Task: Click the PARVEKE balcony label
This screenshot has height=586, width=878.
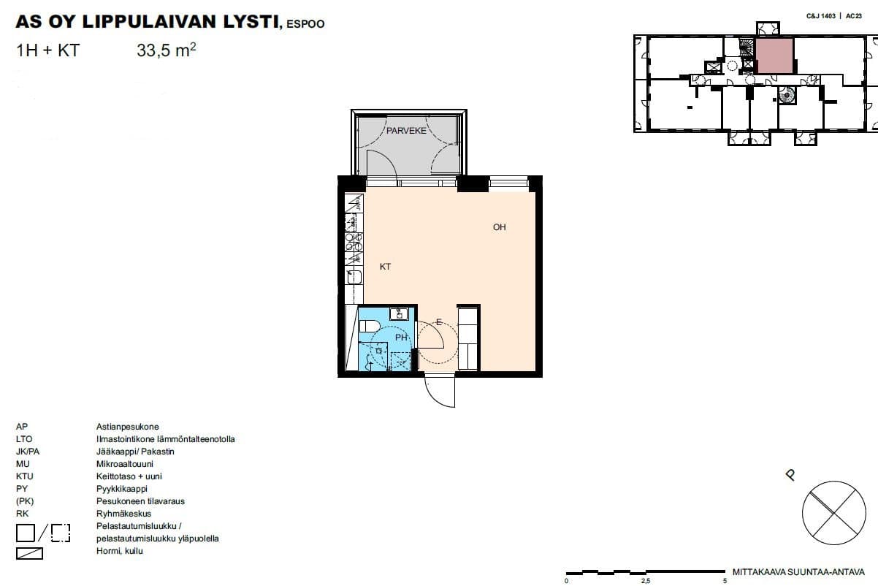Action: pos(406,131)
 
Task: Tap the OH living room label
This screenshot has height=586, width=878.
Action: pos(500,227)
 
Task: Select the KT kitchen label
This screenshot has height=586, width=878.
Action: pos(385,267)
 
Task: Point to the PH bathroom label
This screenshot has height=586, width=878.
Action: pos(401,337)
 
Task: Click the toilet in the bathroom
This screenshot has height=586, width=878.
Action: pos(369,326)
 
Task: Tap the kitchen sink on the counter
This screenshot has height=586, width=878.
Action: pos(354,277)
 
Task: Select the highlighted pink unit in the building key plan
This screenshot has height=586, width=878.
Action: pos(774,56)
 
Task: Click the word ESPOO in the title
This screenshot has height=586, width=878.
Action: pos(305,24)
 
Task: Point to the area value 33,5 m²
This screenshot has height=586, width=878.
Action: pos(167,50)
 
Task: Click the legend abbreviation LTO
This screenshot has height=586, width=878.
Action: pos(24,439)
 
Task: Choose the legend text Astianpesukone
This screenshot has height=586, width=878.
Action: pos(127,427)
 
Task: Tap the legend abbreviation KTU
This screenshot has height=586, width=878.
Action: pos(24,476)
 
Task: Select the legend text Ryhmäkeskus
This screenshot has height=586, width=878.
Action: pos(123,514)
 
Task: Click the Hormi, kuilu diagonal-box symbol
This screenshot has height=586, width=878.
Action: pos(29,553)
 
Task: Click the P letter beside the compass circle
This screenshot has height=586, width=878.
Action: pos(790,475)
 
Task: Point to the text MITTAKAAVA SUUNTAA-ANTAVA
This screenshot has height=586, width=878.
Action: pos(798,572)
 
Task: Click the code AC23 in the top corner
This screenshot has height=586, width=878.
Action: pos(854,16)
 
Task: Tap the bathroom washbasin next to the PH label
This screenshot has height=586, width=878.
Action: pos(399,314)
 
